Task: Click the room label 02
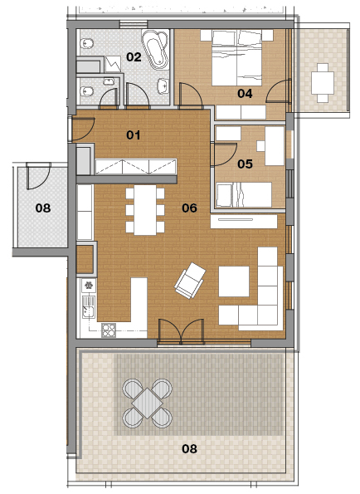point(134,57)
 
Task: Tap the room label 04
point(245,93)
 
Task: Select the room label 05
point(245,164)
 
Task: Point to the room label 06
point(189,208)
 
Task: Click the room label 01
point(133,135)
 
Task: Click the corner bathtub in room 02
point(155,49)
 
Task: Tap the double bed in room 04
point(236,57)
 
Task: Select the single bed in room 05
point(244,195)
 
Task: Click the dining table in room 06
point(145,210)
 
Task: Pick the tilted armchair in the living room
point(190,281)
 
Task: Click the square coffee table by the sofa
point(234,281)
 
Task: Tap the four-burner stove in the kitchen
point(109,330)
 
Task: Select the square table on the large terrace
point(148,404)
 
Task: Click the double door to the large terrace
point(181,331)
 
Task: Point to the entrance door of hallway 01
point(82,129)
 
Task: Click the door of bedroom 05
point(224,154)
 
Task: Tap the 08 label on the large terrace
point(189,448)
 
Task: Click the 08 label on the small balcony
point(43,208)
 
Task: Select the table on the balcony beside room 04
point(323,83)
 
